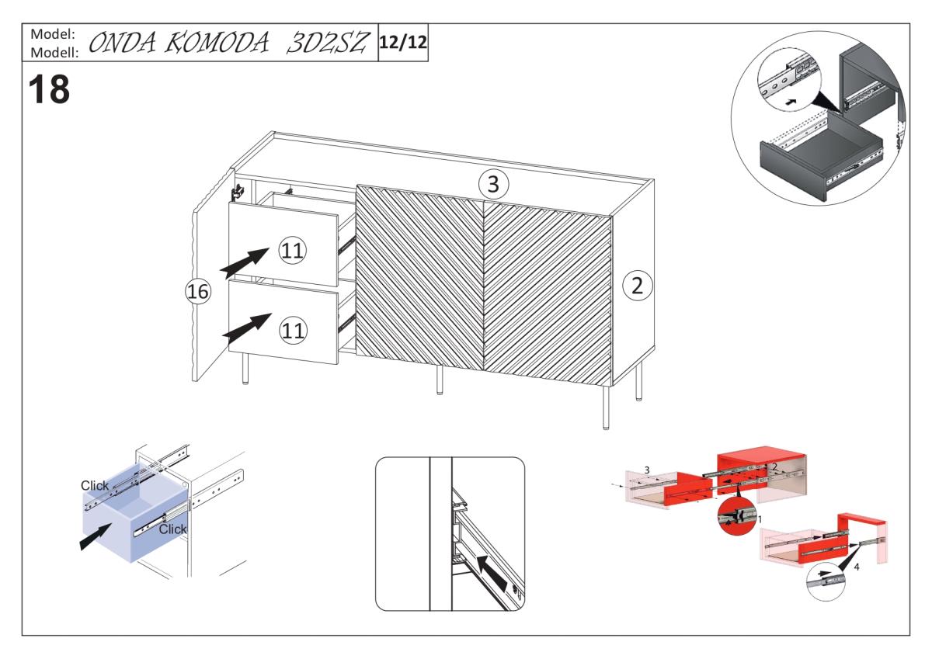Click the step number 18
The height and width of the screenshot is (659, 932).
[49, 89]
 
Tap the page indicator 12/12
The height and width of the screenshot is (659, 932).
[403, 43]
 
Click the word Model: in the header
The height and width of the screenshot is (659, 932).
[53, 34]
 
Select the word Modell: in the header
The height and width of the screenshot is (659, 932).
[54, 52]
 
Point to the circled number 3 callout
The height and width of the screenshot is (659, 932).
[493, 184]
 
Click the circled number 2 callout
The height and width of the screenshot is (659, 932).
[638, 286]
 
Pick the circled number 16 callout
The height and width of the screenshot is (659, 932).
[198, 291]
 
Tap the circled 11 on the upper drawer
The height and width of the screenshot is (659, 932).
[292, 251]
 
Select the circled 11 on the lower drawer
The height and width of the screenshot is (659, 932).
[293, 331]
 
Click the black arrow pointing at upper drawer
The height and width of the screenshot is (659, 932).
[245, 263]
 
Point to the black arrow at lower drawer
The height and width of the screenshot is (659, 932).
[247, 328]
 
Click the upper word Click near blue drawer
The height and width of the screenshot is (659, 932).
[95, 486]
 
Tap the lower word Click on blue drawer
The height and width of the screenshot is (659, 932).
[172, 529]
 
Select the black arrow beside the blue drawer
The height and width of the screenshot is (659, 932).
[96, 537]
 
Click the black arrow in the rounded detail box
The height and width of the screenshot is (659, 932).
[492, 575]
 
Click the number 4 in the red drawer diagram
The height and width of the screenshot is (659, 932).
[856, 567]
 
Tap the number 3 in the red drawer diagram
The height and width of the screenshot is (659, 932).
[647, 470]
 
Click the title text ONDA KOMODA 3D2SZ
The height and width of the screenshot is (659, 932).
[228, 43]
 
